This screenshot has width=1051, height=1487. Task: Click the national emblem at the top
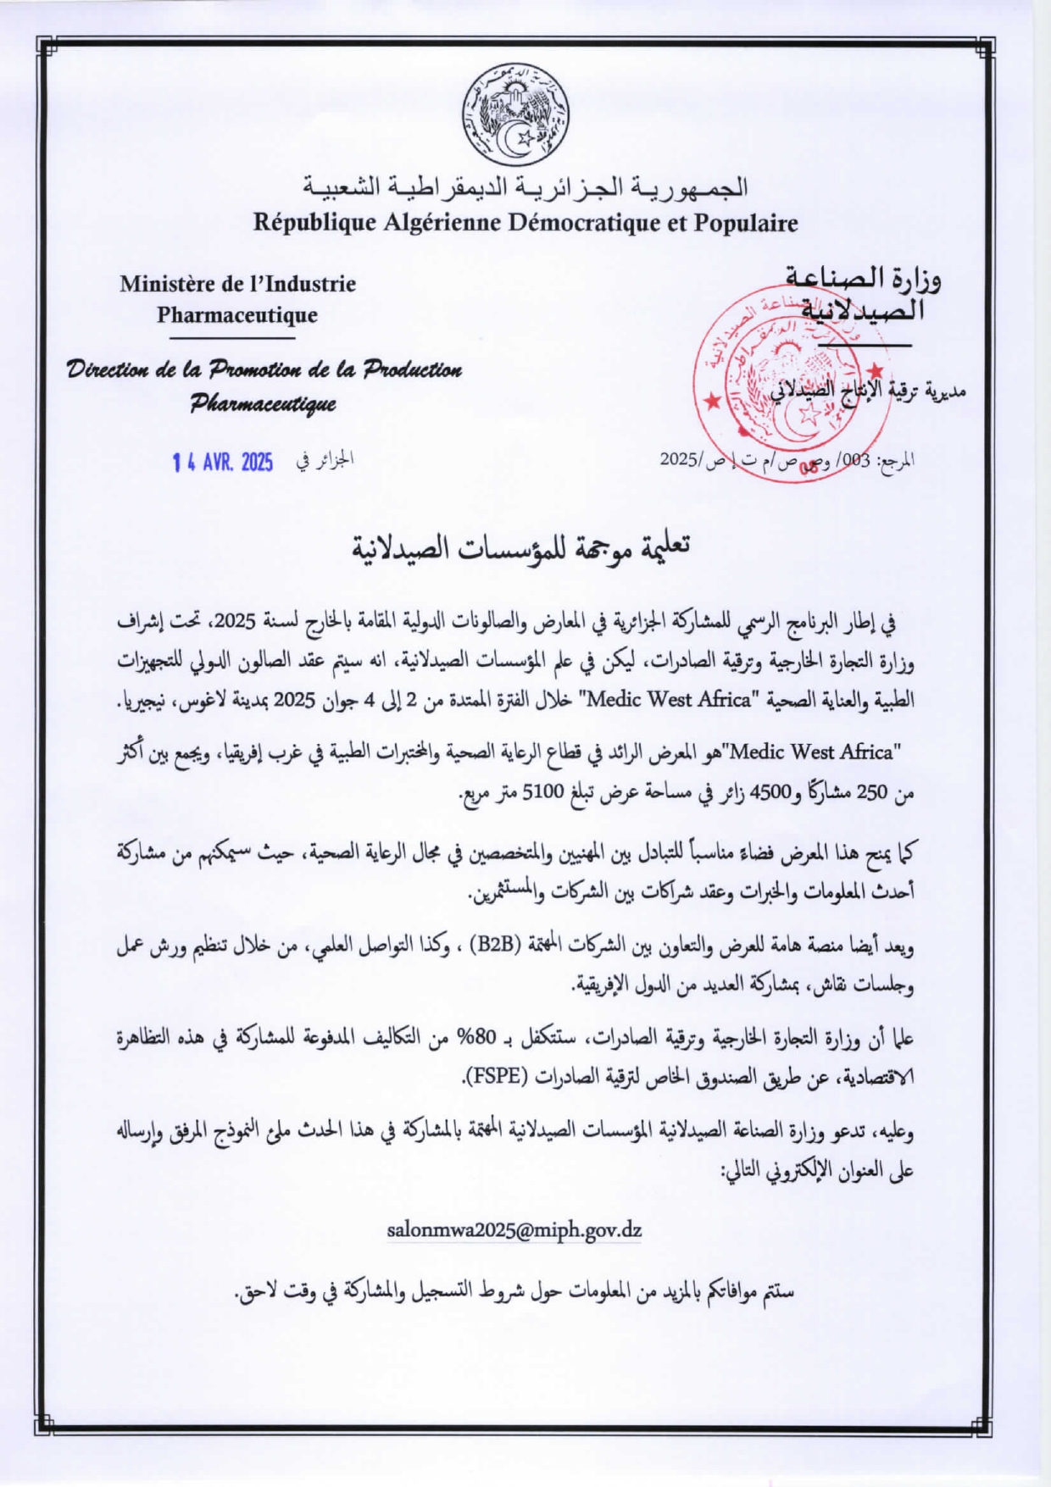[x=515, y=114]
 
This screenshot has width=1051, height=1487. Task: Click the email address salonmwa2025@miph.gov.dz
[x=514, y=1230]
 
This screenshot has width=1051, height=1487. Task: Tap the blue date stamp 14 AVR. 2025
[x=223, y=462]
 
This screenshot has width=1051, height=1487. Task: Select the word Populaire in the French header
[x=746, y=223]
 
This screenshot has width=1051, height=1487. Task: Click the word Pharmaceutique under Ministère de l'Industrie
[x=237, y=315]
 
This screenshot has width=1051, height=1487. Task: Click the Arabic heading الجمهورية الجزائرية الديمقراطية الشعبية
[x=525, y=186]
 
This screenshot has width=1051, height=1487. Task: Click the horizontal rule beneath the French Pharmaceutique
[x=231, y=338]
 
